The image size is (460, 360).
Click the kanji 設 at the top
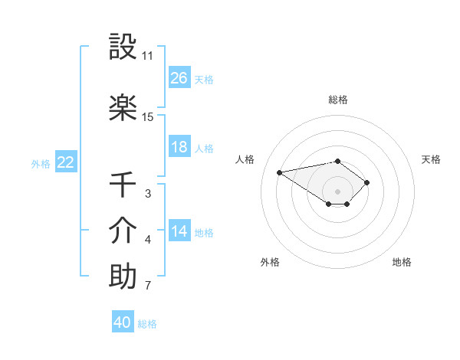pyautogui.click(x=123, y=47)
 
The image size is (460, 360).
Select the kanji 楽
pyautogui.click(x=123, y=108)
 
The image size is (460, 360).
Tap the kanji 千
pyautogui.click(x=123, y=185)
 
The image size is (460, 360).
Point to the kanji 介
pyautogui.click(x=123, y=231)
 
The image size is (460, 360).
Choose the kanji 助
pyautogui.click(x=123, y=277)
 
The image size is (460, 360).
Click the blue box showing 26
pyautogui.click(x=179, y=77)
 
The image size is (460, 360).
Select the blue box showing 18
pyautogui.click(x=179, y=147)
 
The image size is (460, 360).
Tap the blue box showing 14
pyautogui.click(x=179, y=231)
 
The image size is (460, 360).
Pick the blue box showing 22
pyautogui.click(x=66, y=162)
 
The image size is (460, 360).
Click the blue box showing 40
pyautogui.click(x=123, y=322)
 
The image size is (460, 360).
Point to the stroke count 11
pyautogui.click(x=148, y=56)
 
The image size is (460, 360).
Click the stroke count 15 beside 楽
pyautogui.click(x=148, y=117)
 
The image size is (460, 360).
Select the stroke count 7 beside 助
pyautogui.click(x=148, y=286)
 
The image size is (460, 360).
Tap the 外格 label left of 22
pyautogui.click(x=41, y=163)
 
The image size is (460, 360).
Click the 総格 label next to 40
pyautogui.click(x=147, y=324)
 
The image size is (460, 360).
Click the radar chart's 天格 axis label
pyautogui.click(x=432, y=159)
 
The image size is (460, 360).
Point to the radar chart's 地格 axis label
pyautogui.click(x=402, y=262)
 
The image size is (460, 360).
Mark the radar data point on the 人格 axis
pyautogui.click(x=279, y=172)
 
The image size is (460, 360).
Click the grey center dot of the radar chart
pyautogui.click(x=337, y=191)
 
